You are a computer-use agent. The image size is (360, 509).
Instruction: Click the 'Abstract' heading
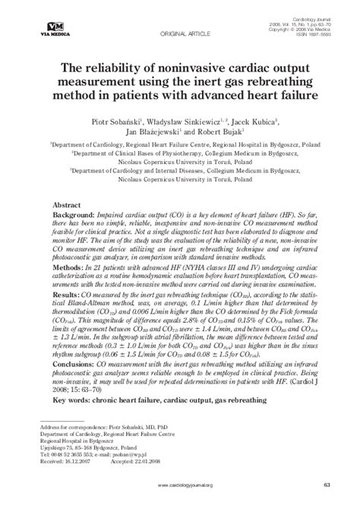[x=68, y=205]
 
